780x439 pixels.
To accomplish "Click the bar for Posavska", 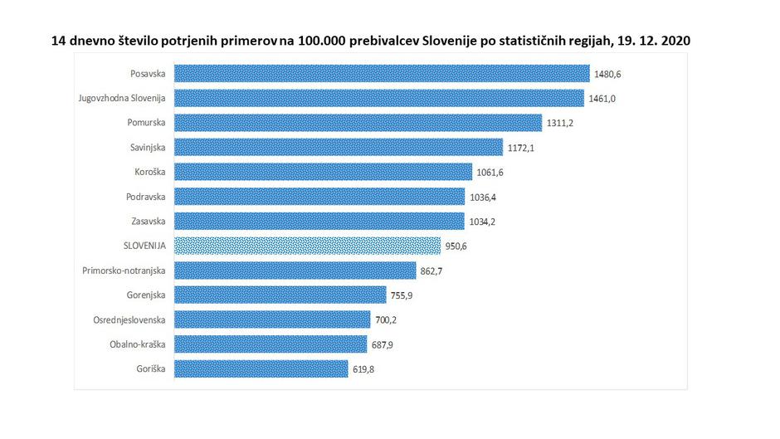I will [x=382, y=74].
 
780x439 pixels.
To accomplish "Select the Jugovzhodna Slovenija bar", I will [x=379, y=98].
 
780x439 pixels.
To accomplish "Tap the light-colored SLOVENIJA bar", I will [x=307, y=246].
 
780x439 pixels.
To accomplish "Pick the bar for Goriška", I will [x=261, y=368].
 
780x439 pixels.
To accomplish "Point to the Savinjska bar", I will [x=339, y=147].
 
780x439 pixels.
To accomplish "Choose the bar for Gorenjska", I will [x=280, y=295].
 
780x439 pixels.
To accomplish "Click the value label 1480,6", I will [x=607, y=74].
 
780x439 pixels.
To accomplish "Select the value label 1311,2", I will [x=560, y=123].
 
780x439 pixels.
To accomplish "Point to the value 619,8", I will [x=362, y=368].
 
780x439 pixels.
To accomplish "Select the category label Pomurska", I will [x=146, y=123].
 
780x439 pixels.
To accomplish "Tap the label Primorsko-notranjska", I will [x=124, y=271].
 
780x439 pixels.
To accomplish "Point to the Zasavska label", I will [x=147, y=221].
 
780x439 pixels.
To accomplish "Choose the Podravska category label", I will [x=145, y=197].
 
